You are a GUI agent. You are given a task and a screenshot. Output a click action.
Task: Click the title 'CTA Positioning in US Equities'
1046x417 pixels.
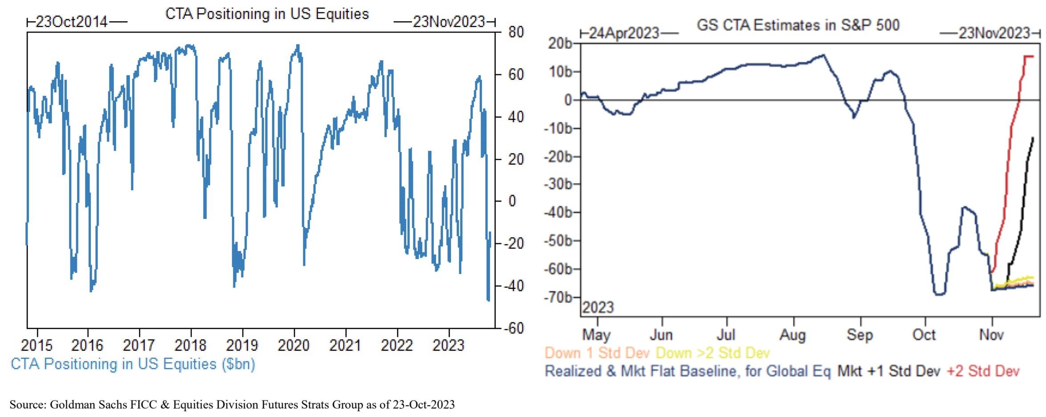coord(267,14)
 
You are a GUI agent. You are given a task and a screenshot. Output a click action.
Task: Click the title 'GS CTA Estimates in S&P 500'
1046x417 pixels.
coord(798,25)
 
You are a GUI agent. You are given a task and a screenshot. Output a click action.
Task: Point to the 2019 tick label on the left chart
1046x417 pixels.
coord(242,345)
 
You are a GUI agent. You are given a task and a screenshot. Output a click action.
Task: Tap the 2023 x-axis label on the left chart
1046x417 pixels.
coord(448,345)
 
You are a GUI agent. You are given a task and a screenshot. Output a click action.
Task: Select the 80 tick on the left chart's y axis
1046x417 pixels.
coord(516,32)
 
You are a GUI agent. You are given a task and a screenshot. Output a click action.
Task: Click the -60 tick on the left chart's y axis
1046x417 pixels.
coord(513,328)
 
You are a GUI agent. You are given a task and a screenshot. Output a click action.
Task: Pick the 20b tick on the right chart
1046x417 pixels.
coord(560,44)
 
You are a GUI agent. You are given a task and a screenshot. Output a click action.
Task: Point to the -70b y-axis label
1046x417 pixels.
coord(557,297)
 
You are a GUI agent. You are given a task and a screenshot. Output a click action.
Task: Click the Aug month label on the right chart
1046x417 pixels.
coord(793,335)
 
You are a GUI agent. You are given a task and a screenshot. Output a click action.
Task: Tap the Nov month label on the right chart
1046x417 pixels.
coord(991,335)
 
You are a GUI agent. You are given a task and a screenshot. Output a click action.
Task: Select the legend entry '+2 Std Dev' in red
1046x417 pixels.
coord(983,371)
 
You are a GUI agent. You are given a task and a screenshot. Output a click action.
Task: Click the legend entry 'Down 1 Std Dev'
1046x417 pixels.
coord(597,353)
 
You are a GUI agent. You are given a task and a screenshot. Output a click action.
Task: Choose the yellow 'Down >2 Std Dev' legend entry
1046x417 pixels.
coord(712,353)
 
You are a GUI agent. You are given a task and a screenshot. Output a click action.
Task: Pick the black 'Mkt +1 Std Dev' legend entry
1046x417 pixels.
coord(888,371)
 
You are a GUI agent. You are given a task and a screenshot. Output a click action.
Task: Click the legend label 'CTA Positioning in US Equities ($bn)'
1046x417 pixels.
coord(133,364)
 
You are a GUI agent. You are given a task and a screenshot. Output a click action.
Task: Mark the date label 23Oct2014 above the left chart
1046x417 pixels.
coord(71,21)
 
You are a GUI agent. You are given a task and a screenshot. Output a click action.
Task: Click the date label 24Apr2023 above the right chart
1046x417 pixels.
coord(624,33)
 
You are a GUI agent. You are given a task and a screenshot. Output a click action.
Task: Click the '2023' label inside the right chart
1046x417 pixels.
coord(598,308)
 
